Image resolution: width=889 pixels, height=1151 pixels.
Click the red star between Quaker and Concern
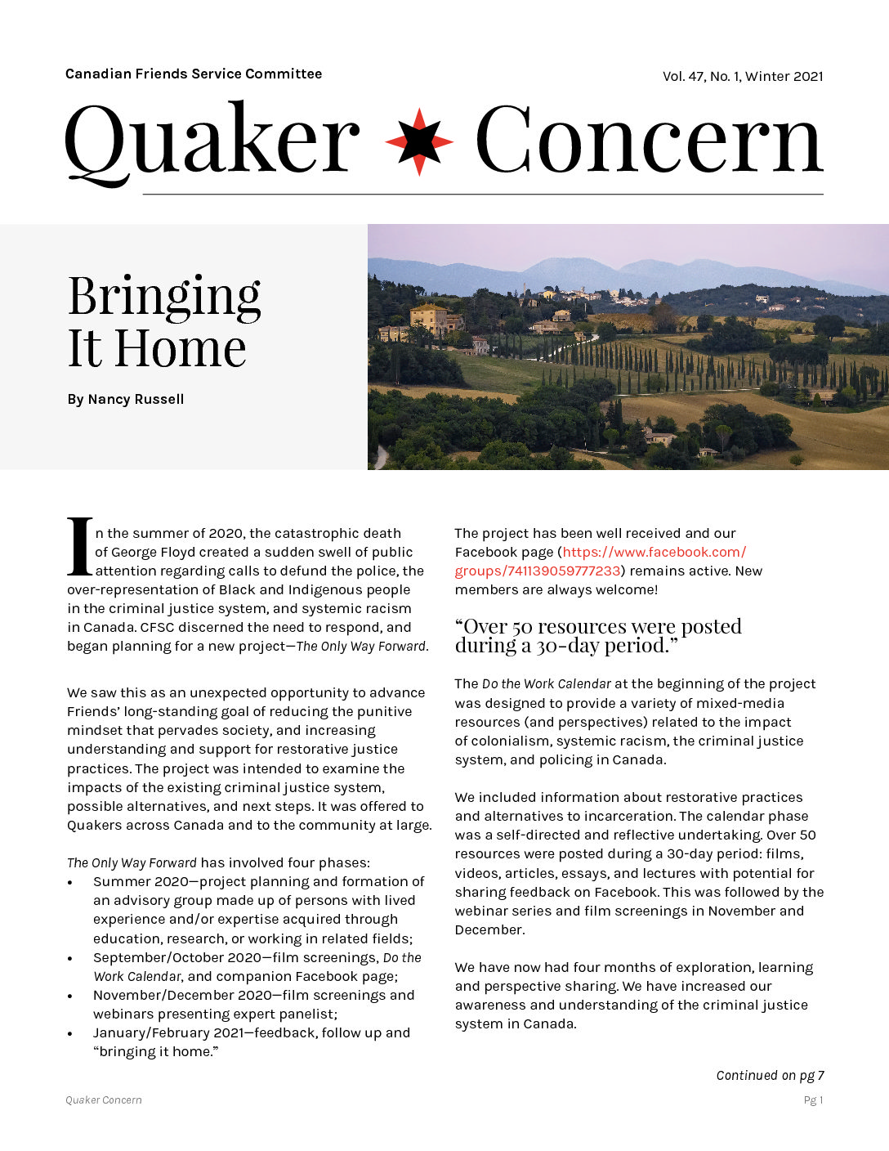point(418,141)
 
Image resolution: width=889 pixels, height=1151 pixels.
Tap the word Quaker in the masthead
point(212,141)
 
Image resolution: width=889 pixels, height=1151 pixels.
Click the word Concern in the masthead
point(649,141)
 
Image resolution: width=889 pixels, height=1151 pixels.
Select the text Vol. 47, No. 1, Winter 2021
point(742,77)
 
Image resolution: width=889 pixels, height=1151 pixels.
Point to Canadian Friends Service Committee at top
point(194,74)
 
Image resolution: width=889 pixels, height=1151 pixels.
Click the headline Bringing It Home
point(164,321)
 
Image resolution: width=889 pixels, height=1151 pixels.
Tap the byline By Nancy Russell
point(126,400)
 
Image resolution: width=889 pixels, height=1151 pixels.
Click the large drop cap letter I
point(79,546)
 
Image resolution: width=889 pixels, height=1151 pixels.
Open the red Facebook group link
point(601,562)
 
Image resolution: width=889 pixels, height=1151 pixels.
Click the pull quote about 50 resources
point(597,636)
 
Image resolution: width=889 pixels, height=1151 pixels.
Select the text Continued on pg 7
point(770,1076)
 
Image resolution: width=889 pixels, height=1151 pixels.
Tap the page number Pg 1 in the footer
point(813,1100)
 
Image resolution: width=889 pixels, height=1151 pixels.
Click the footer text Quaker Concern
point(104,1100)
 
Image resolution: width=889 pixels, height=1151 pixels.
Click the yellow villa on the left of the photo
point(428,319)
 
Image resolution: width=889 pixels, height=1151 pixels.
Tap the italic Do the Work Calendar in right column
point(546,684)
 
